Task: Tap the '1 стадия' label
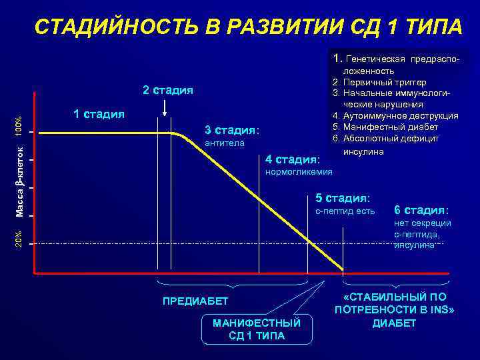pos(99,113)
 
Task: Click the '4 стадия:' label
pos(293,159)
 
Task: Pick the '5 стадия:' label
pos(343,198)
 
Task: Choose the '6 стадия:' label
pos(422,209)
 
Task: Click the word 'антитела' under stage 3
pos(225,143)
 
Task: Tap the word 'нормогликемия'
pos(299,173)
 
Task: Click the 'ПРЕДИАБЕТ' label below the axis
pos(195,301)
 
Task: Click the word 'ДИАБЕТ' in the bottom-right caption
pos(394,323)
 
